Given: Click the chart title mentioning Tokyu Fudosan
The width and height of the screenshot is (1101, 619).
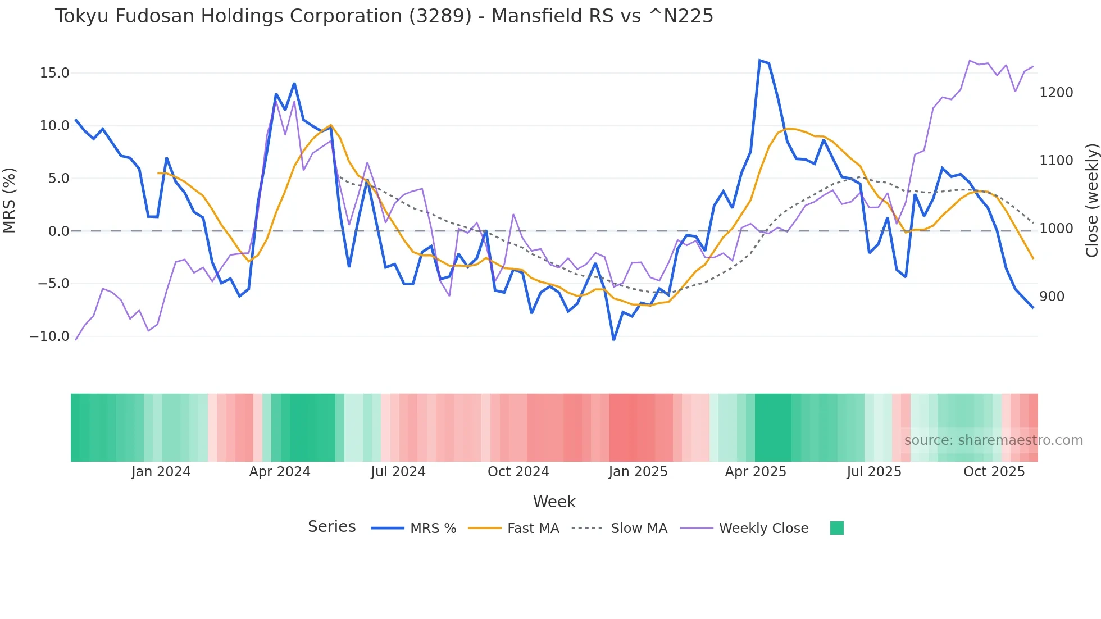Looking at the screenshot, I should pos(384,16).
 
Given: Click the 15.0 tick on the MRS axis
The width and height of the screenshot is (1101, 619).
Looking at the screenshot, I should pos(54,73).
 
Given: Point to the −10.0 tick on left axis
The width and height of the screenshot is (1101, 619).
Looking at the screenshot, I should pos(49,336).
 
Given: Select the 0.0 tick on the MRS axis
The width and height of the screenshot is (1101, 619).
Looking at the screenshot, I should pos(59,231).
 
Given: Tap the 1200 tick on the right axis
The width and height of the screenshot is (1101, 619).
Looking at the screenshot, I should pos(1056,93).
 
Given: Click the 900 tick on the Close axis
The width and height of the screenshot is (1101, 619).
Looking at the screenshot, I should pos(1052,297).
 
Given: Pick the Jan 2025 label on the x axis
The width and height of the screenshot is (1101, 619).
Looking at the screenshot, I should pos(638,472).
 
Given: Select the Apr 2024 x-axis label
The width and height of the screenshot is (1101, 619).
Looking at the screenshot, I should pos(280,472).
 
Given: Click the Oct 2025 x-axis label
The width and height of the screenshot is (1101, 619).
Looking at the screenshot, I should pos(994,472).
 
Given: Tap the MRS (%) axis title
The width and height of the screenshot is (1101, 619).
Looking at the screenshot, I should pos(10,201).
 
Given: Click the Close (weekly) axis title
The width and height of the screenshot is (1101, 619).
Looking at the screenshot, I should pos(1091,201).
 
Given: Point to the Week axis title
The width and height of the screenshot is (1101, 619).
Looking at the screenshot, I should pos(554,502).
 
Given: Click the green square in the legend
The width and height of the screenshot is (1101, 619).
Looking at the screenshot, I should pos(836,528).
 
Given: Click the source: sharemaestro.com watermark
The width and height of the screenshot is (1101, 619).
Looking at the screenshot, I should pos(993,440).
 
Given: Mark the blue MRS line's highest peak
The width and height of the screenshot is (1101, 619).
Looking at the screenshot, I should pos(759,61).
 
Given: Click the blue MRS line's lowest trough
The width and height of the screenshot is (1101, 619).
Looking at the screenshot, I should pos(613,340).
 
